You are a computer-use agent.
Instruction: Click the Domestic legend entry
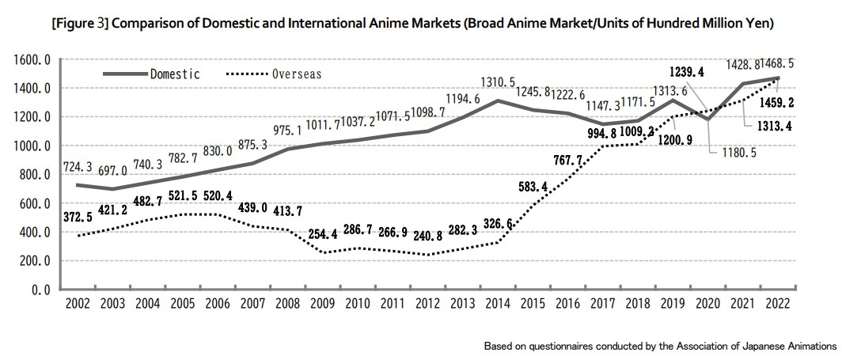(x=174, y=74)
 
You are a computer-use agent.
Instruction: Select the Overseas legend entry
(x=297, y=74)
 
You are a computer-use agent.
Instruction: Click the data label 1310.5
(x=499, y=82)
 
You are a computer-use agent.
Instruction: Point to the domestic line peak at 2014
(x=498, y=100)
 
